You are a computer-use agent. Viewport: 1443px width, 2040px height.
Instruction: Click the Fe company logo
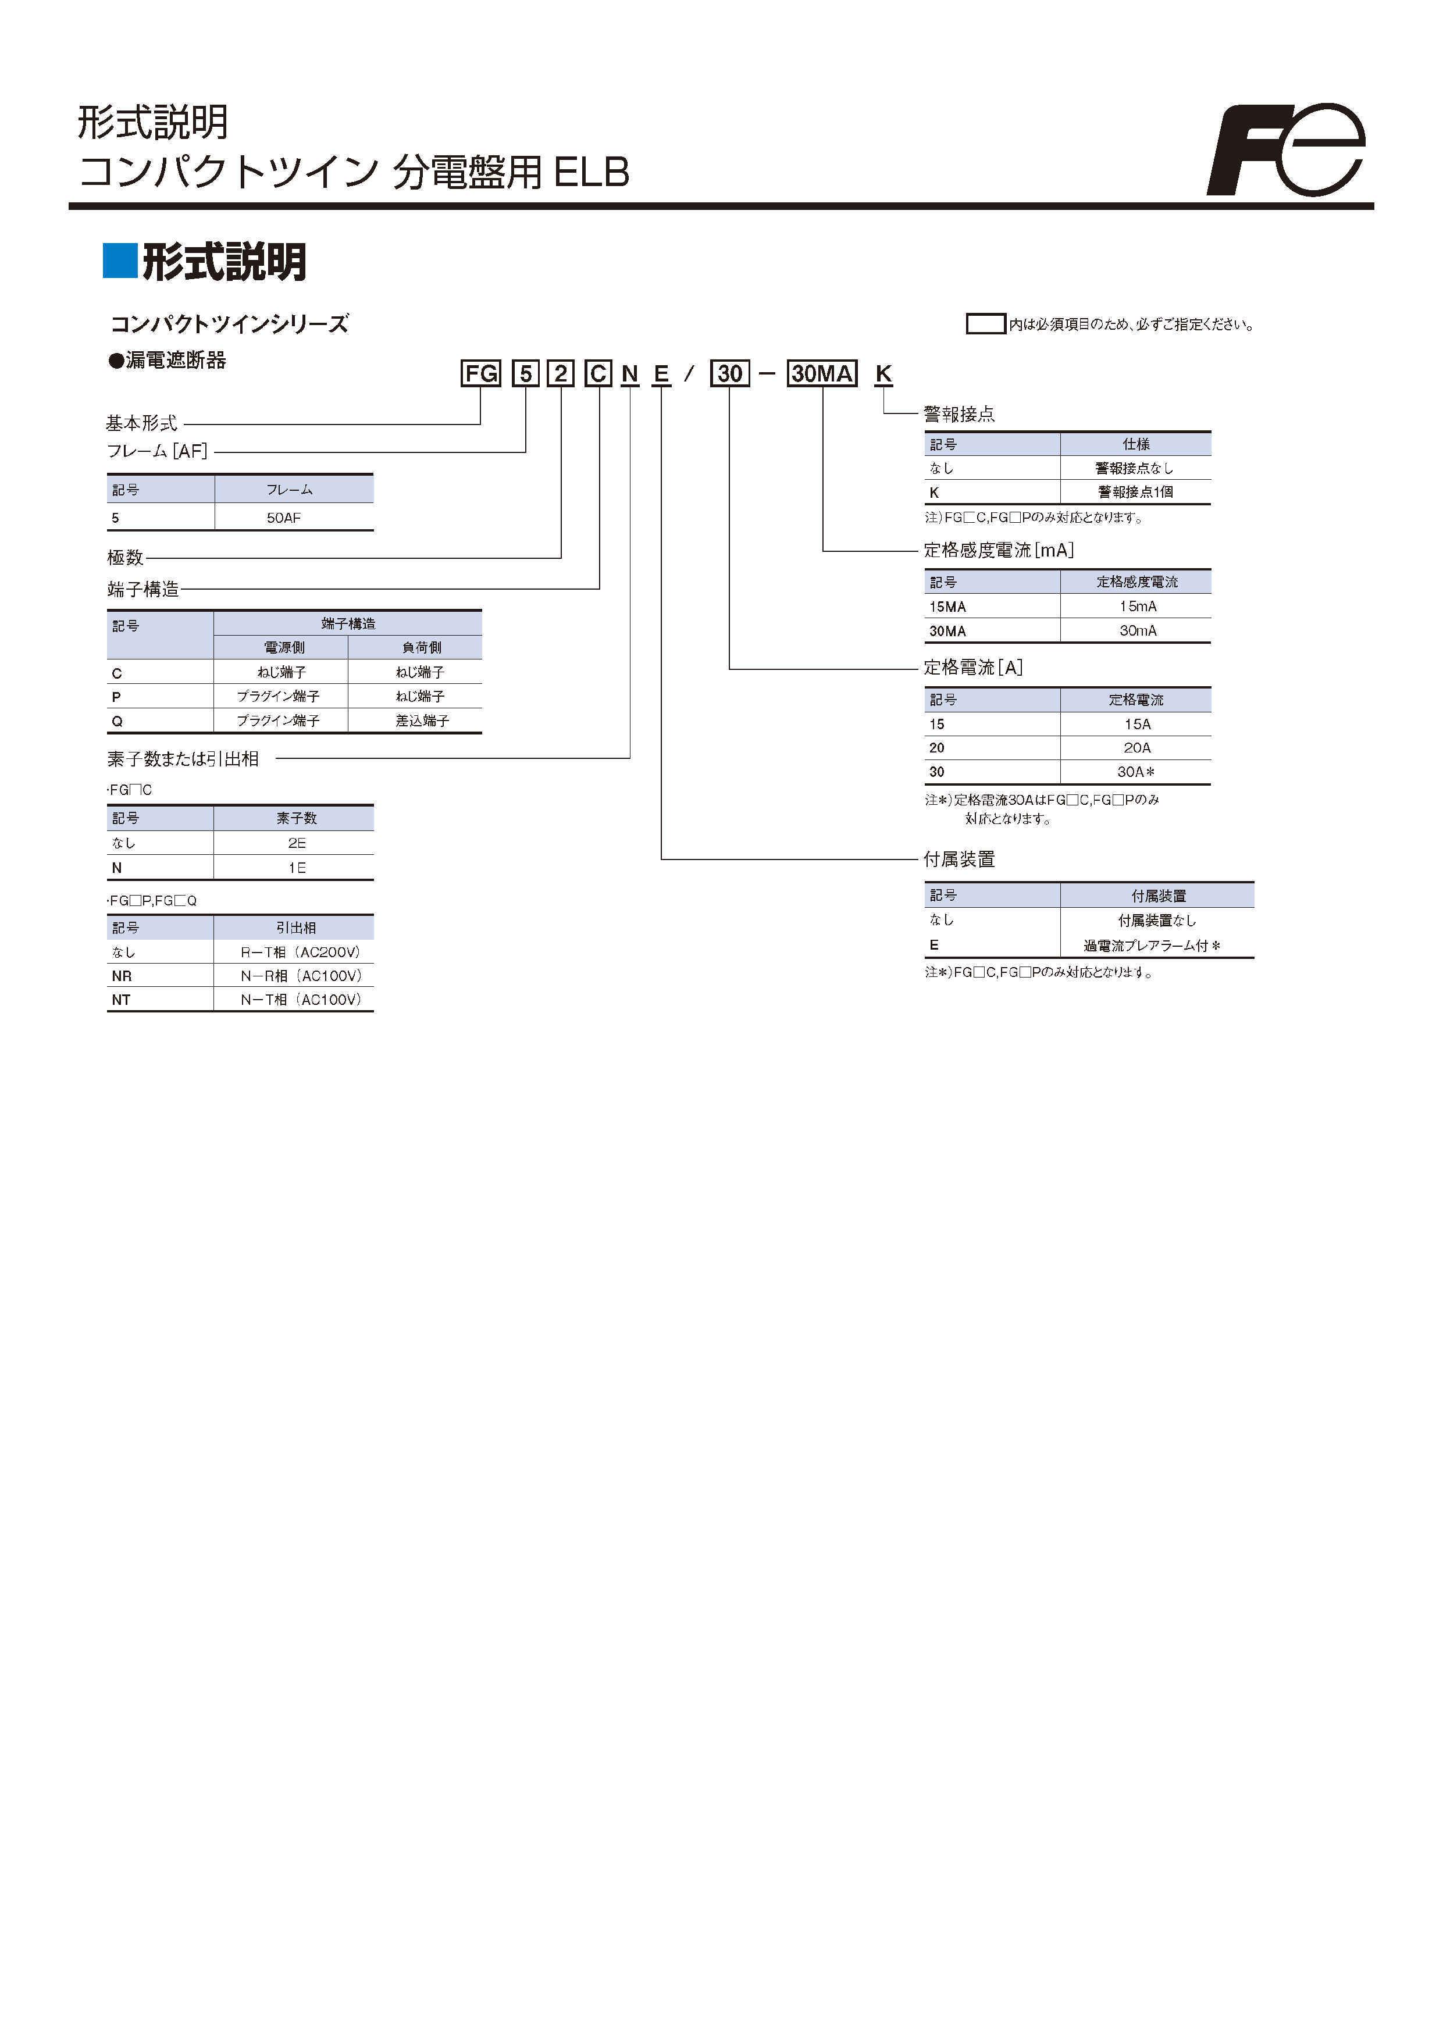tap(1287, 149)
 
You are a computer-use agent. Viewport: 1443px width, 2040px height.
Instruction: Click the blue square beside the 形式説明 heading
tap(120, 261)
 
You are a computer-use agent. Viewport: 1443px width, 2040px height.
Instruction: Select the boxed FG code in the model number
tap(480, 373)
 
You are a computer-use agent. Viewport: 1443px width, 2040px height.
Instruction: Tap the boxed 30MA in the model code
tap(822, 373)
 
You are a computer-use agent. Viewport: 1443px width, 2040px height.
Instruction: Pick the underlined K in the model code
tap(883, 374)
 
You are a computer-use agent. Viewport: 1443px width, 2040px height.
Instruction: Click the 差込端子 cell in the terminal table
tap(422, 721)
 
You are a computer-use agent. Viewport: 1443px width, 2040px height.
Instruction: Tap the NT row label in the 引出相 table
tap(121, 1000)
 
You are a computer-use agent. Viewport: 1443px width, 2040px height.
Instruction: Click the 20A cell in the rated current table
tap(1136, 748)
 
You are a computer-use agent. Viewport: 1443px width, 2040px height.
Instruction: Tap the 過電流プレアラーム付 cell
tap(1152, 946)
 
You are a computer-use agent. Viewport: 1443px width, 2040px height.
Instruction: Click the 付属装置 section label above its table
tap(959, 859)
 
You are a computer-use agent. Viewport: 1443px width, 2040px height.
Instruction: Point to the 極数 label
tap(125, 557)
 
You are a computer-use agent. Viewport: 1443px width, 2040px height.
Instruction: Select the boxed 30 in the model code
tap(729, 373)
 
